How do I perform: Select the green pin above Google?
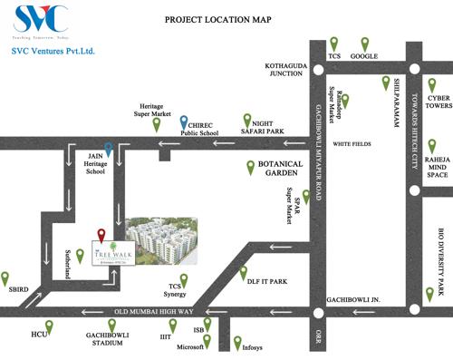[365, 43]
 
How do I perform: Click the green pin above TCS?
[333, 43]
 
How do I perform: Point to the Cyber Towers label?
[439, 102]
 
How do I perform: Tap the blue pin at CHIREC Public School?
[184, 122]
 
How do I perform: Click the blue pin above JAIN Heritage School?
[109, 150]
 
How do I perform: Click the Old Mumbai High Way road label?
[148, 312]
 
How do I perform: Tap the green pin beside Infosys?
[236, 342]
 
